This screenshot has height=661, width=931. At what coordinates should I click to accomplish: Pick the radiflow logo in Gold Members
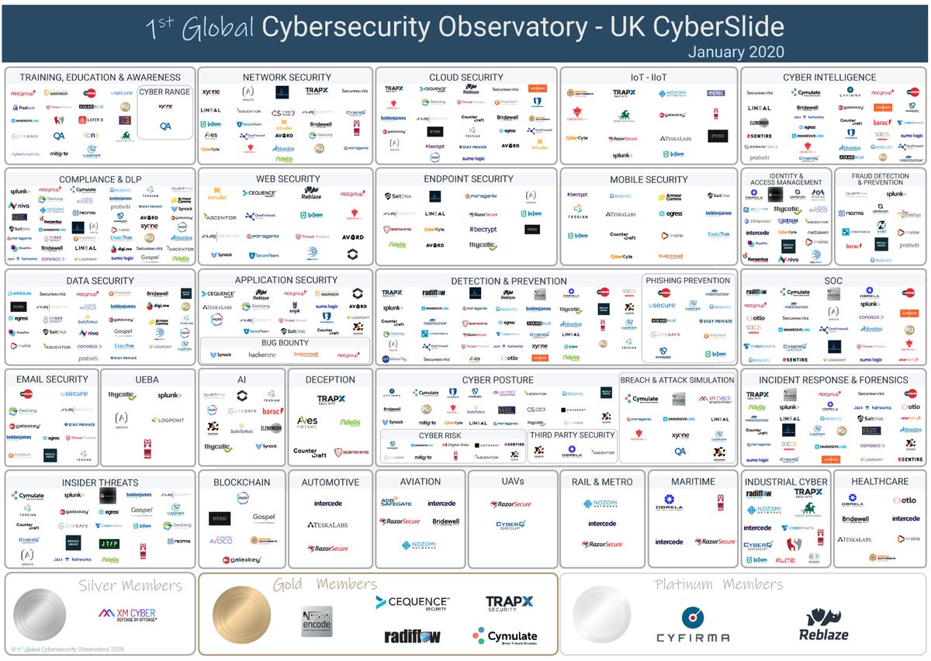click(x=413, y=636)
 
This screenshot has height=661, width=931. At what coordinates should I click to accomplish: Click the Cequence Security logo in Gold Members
click(x=411, y=602)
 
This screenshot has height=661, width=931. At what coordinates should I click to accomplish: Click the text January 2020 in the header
click(x=735, y=53)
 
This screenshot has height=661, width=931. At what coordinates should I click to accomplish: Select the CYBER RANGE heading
click(x=165, y=92)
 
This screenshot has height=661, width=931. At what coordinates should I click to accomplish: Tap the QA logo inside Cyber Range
click(x=165, y=126)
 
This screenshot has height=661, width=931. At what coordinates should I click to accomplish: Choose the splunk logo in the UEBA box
click(x=169, y=396)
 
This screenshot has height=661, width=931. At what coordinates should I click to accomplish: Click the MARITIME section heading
click(x=693, y=482)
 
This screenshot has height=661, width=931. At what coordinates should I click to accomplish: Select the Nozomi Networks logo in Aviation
click(x=420, y=545)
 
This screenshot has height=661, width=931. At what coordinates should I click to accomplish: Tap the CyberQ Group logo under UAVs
click(x=512, y=526)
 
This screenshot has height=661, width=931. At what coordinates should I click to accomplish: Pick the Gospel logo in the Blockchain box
click(x=264, y=517)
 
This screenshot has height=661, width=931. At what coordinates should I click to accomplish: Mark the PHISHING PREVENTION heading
click(x=687, y=280)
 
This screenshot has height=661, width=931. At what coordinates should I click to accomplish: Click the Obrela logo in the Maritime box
click(x=669, y=503)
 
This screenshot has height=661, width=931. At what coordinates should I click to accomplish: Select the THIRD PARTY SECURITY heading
click(x=573, y=435)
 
